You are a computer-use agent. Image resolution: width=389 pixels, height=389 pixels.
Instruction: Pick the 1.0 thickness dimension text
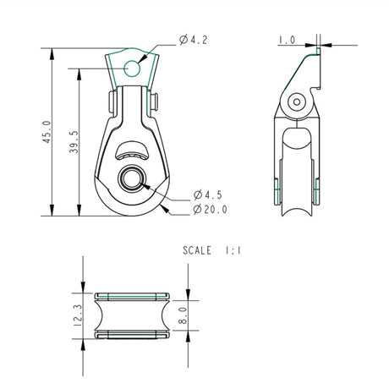[286, 39]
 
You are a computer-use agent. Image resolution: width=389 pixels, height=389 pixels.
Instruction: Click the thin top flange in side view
[319, 52]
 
